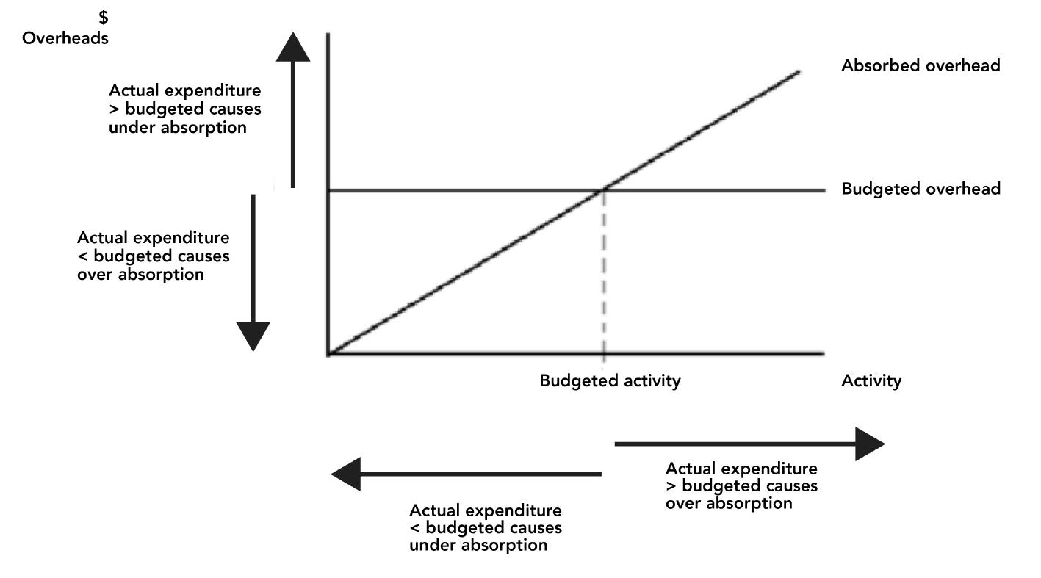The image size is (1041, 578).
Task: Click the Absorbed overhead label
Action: [x=921, y=65]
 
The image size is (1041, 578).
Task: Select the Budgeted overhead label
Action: [x=921, y=189]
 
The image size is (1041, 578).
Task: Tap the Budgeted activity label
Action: [x=610, y=380]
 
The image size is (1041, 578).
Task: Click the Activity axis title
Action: [x=871, y=380]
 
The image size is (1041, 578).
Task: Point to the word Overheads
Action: [x=65, y=38]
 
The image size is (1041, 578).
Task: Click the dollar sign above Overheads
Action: [x=104, y=18]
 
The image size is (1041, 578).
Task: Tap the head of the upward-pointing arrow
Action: [x=292, y=48]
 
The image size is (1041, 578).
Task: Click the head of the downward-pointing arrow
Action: [x=253, y=336]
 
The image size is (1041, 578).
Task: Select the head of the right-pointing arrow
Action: [x=870, y=444]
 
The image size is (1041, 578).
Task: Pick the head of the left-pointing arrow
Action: [x=346, y=474]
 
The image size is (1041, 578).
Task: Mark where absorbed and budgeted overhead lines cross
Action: [x=604, y=189]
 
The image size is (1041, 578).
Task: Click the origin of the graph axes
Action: [x=328, y=354]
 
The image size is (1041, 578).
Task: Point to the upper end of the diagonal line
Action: [x=799, y=71]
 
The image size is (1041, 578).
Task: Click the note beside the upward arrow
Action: [x=184, y=109]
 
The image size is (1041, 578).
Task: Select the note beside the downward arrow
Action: [x=153, y=256]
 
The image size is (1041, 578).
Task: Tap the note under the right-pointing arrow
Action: [x=741, y=485]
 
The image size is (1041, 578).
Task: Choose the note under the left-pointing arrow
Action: [x=485, y=527]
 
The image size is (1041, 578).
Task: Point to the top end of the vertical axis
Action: [x=328, y=33]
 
